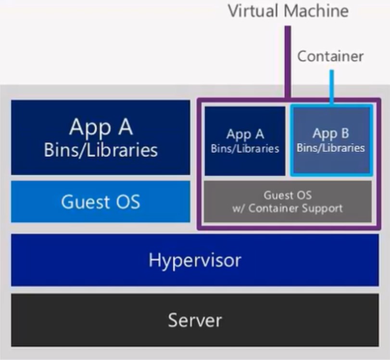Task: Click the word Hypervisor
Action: point(195,261)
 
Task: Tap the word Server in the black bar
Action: point(195,320)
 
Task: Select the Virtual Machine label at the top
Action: point(288,11)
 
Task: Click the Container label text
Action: point(330,56)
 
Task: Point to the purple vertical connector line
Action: point(288,62)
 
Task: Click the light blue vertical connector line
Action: point(331,87)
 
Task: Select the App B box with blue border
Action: point(331,140)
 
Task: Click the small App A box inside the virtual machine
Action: point(245,141)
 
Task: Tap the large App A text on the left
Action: point(101,127)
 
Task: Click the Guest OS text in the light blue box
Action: point(101,201)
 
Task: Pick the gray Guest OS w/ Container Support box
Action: point(288,202)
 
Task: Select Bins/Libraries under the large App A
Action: point(101,150)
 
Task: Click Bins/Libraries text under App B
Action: point(331,148)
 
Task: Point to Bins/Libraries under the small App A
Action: point(245,149)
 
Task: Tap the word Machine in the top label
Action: point(319,11)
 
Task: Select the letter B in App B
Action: point(344,133)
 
